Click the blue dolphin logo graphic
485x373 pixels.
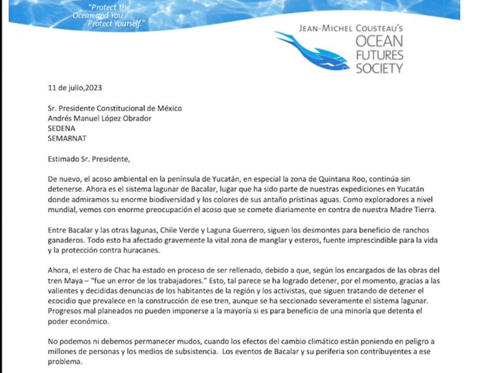click(x=313, y=50)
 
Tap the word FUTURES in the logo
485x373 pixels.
click(x=379, y=55)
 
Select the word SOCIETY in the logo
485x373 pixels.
click(x=379, y=69)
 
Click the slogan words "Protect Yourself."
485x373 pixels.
click(x=115, y=24)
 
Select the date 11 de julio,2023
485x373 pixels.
click(x=75, y=88)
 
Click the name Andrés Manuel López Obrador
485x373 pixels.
click(x=100, y=118)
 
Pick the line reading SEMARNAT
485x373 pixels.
click(x=67, y=138)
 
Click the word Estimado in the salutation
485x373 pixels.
click(x=63, y=159)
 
